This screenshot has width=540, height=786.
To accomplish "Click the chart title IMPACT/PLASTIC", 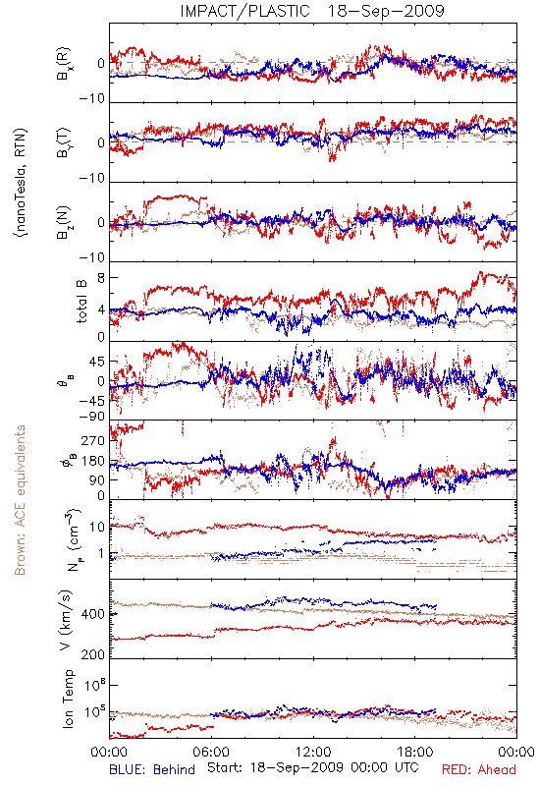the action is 244,11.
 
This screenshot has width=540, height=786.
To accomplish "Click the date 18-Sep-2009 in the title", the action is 386,11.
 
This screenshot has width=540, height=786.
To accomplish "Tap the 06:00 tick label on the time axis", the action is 211,752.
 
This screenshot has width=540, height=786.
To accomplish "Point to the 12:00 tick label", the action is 313,752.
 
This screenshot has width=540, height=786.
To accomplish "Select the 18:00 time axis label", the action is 415,752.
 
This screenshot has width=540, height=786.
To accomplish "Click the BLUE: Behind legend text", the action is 152,770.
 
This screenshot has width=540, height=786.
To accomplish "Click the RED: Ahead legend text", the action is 479,770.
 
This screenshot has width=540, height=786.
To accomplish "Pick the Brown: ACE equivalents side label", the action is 20,500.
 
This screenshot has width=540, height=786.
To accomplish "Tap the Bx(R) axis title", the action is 64,64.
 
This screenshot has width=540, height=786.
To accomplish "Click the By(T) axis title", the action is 64,142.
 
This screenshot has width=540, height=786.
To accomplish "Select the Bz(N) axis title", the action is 64,222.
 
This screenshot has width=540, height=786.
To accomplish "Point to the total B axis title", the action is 81,302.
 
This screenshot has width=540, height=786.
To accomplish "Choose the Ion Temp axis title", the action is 68,699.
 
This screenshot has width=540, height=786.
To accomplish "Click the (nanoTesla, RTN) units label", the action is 21,183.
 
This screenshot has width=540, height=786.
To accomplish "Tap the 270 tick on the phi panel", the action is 93,440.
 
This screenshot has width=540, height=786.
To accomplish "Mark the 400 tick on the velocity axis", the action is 93,614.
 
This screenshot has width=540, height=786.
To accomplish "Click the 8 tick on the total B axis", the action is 101,278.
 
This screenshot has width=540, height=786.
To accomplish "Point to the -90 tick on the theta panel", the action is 92,417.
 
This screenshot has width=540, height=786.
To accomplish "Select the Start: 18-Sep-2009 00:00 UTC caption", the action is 313,768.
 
